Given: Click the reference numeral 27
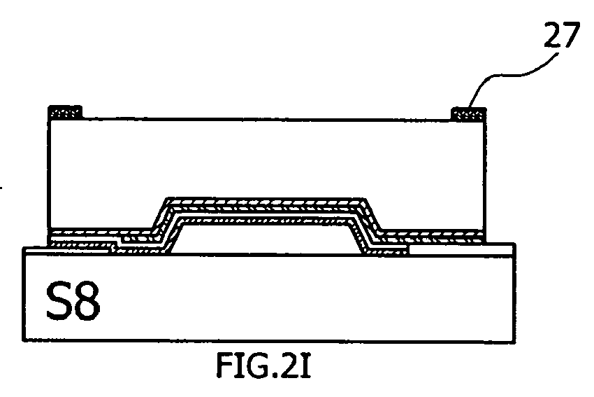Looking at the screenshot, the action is pos(562,34).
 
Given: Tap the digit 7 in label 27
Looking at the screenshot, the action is pos(571,34).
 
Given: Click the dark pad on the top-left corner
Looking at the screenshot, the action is pos(65,112).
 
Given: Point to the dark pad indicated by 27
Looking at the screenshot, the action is pos(468,114).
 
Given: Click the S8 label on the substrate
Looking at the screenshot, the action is pos(73,301).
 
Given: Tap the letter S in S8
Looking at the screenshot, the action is pos(58,301).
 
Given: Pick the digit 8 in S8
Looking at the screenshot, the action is pos(87,301).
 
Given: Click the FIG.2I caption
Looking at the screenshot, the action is pos(263,365).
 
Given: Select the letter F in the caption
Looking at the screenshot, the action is pos(224,365).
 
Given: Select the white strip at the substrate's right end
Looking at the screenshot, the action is pos(461,250).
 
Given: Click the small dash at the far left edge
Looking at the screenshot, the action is pos(1,188).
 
